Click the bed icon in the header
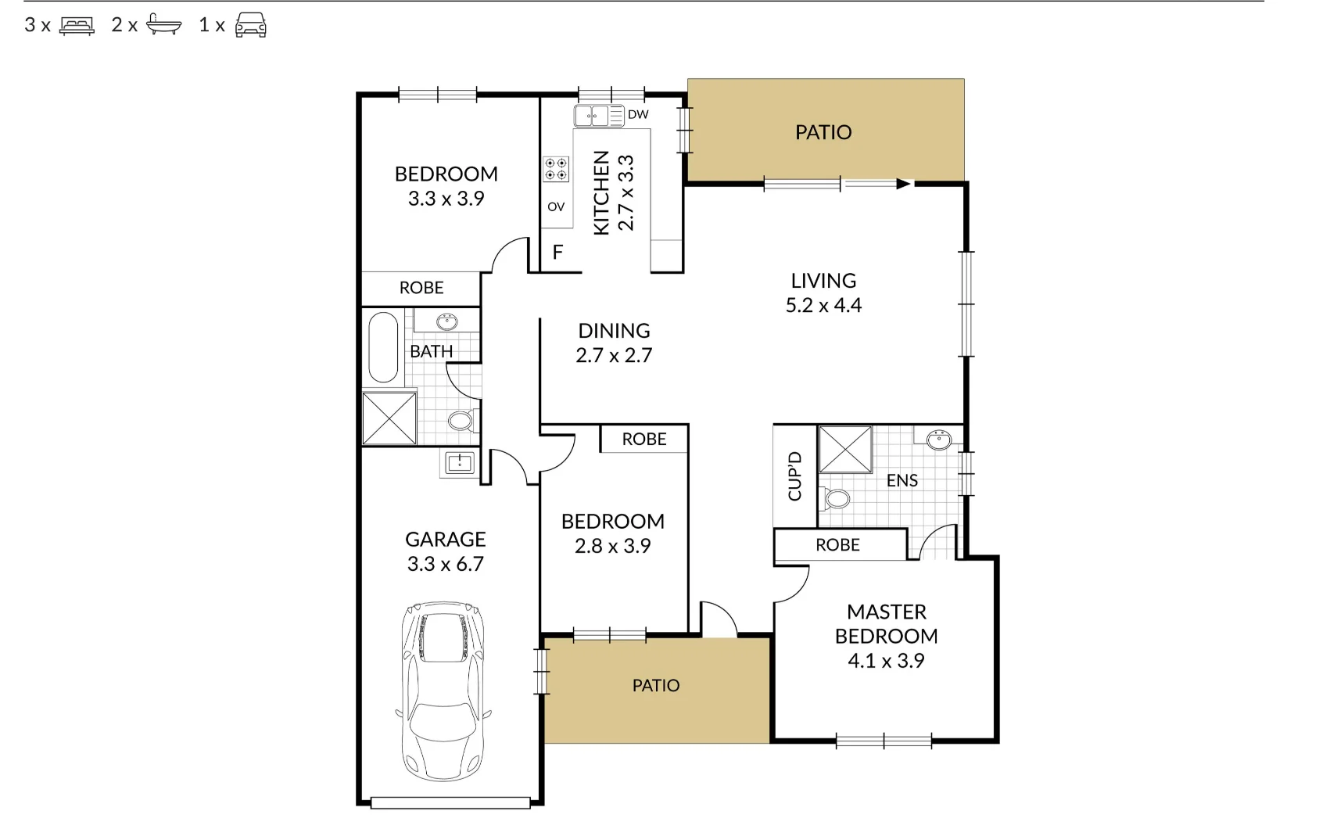pyautogui.click(x=77, y=26)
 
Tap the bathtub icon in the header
pyautogui.click(x=163, y=24)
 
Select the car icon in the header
pyautogui.click(x=251, y=25)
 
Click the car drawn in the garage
pyautogui.click(x=443, y=691)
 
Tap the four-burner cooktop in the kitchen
pyautogui.click(x=556, y=169)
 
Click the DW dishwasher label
pyautogui.click(x=638, y=115)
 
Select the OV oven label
pyautogui.click(x=556, y=207)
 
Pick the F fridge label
pyautogui.click(x=557, y=253)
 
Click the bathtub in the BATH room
pyautogui.click(x=383, y=346)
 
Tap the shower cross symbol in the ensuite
pyautogui.click(x=845, y=450)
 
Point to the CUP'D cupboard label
pyautogui.click(x=794, y=476)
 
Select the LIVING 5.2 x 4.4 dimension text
pyautogui.click(x=823, y=306)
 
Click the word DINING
pyautogui.click(x=615, y=331)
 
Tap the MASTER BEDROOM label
pyautogui.click(x=887, y=624)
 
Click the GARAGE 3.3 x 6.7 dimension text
pyautogui.click(x=445, y=564)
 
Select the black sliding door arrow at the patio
pyautogui.click(x=904, y=184)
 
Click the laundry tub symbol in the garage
pyautogui.click(x=460, y=463)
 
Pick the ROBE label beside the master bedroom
pyautogui.click(x=837, y=545)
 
